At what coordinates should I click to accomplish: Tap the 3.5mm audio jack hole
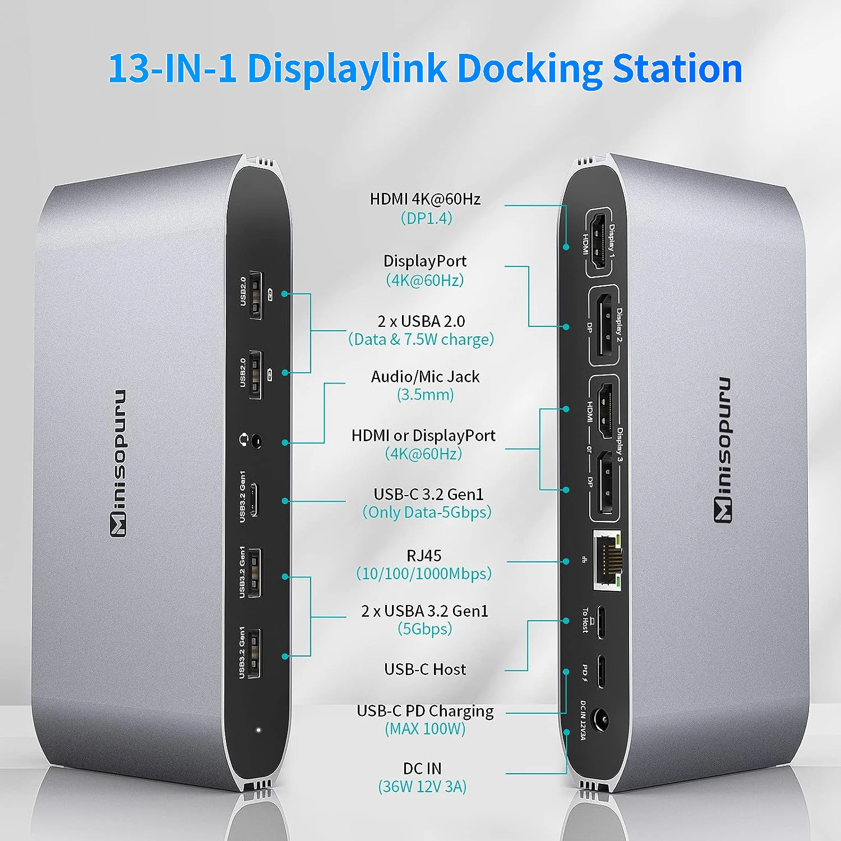[x=257, y=441]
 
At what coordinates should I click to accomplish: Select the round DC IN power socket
[x=601, y=720]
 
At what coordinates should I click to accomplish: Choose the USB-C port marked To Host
[x=601, y=622]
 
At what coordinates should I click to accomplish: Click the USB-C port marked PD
[x=601, y=671]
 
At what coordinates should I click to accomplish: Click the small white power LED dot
[x=258, y=730]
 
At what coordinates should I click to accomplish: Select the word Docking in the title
[x=529, y=68]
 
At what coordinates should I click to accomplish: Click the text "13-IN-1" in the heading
[x=172, y=68]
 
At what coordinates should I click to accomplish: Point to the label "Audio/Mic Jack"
[x=425, y=377]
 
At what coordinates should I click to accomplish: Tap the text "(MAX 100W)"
[x=425, y=729]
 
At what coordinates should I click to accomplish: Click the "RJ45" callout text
[x=424, y=556]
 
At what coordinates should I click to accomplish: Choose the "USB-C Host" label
[x=425, y=669]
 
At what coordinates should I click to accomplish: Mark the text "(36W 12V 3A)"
[x=422, y=787]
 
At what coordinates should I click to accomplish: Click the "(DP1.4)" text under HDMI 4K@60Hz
[x=426, y=218]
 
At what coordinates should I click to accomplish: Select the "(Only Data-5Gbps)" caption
[x=427, y=512]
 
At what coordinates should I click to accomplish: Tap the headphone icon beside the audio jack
[x=244, y=440]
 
